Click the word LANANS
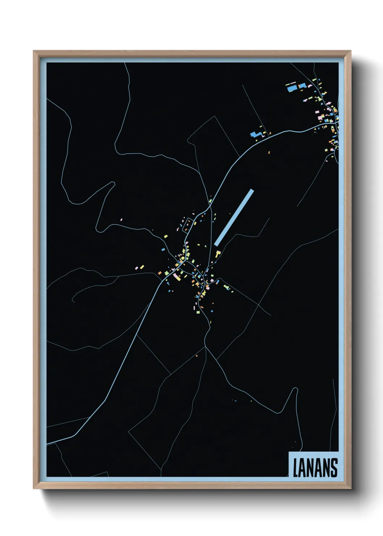[x=315, y=468]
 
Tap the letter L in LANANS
[x=295, y=468]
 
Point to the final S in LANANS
[x=334, y=468]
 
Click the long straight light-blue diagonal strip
[x=234, y=218]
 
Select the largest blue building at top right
[x=291, y=88]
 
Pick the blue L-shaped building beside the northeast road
[x=256, y=135]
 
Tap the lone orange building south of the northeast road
[x=269, y=152]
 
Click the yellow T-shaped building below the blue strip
[x=218, y=253]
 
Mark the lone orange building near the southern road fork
[x=197, y=356]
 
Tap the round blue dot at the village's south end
[x=212, y=311]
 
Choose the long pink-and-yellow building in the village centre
[x=177, y=277]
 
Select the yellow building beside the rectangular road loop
[x=195, y=223]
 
